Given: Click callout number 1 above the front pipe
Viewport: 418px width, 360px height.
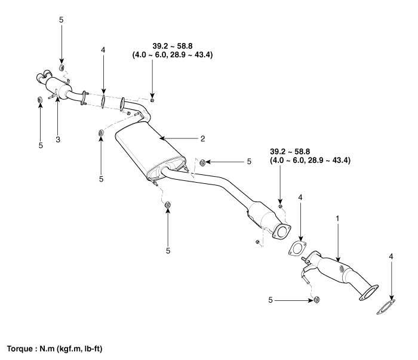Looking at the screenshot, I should (x=338, y=219).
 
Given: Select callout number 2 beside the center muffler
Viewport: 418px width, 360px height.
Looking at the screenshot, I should (x=202, y=138).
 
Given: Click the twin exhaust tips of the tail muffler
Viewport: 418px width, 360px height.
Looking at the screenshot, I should (x=43, y=76).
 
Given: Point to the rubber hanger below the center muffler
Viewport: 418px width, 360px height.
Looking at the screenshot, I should (x=168, y=206).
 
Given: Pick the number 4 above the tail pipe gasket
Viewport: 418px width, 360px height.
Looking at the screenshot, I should (x=103, y=50).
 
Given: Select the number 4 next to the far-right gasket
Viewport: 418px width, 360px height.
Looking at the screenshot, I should (x=392, y=257).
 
